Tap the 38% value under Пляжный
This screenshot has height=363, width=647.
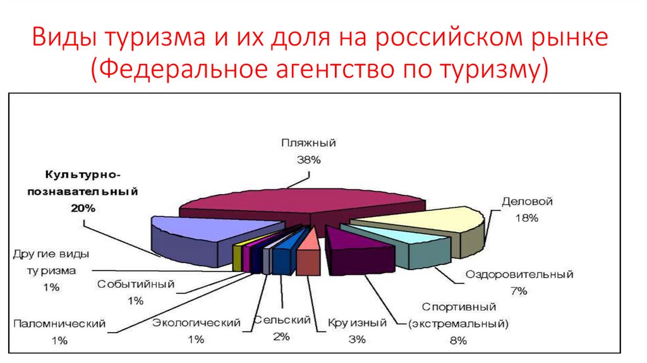click(x=308, y=160)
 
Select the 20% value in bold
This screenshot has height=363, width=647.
click(x=83, y=207)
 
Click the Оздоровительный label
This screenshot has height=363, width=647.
click(x=519, y=275)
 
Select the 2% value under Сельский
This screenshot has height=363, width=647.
click(x=282, y=336)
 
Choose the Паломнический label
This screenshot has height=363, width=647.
click(x=59, y=324)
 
